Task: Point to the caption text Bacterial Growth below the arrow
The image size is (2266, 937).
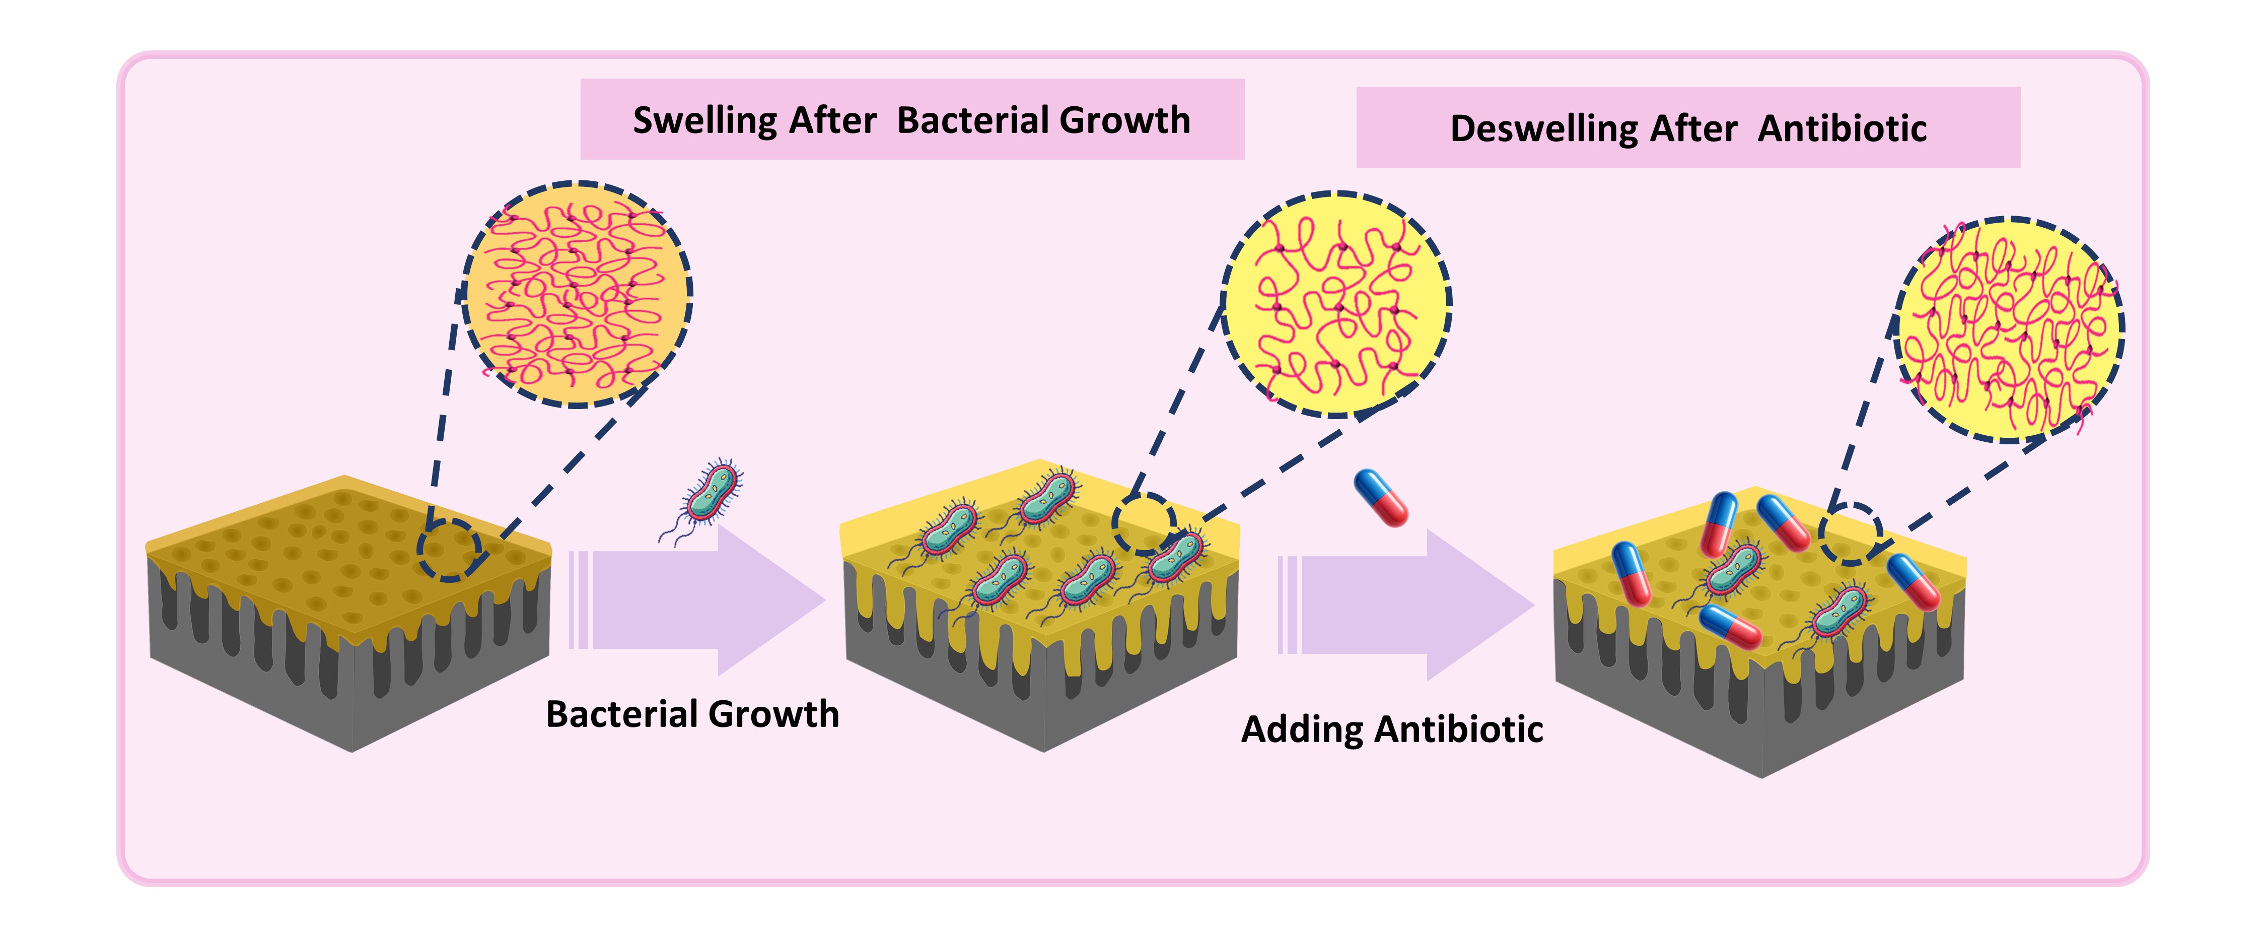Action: pos(692,713)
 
